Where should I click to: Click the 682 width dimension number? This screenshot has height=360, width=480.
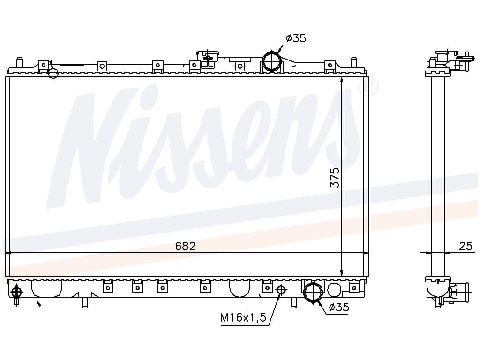click(x=186, y=246)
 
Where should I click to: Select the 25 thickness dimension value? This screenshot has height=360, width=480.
click(x=465, y=246)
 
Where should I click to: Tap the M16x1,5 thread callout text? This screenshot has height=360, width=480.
click(x=244, y=318)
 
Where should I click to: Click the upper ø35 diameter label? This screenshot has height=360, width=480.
click(x=296, y=38)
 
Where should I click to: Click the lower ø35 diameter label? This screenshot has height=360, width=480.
click(x=339, y=307)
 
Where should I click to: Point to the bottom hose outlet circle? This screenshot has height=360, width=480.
click(x=313, y=292)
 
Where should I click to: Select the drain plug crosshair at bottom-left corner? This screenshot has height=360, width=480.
click(x=16, y=292)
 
